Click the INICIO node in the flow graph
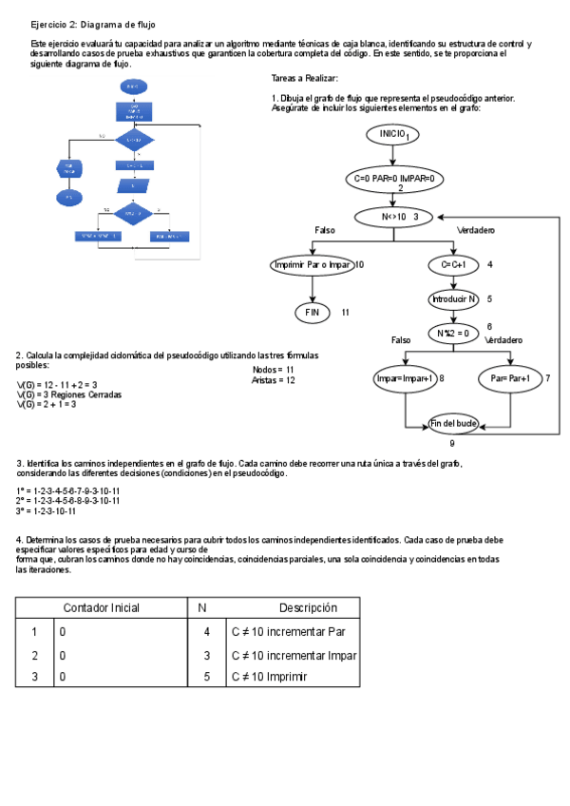pos(392,135)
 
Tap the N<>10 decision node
pos(393,217)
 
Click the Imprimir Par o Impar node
pos(312,264)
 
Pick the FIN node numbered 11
pos(312,312)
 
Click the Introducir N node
pos(453,298)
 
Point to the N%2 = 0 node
pos(453,334)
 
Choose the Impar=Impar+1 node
pos(405,378)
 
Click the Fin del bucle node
pos(453,423)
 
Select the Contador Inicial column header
pos(101,608)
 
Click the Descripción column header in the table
pos(308,608)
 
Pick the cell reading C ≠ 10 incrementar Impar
pos(294,656)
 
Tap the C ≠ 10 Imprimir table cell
pos(270,677)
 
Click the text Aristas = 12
pos(274,380)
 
